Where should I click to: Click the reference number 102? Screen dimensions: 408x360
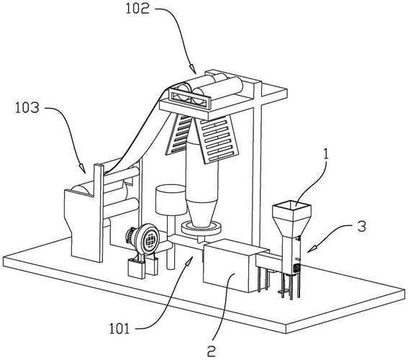(137, 9)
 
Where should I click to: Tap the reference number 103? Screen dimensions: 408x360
(27, 108)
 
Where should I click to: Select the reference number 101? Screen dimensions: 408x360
(119, 328)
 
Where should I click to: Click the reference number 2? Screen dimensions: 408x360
(212, 351)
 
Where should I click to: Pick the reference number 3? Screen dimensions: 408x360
(361, 226)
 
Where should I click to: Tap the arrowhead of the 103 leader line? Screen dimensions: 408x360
(82, 168)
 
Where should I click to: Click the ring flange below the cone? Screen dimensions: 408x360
(201, 228)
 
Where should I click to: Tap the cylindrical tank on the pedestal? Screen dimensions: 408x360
(171, 199)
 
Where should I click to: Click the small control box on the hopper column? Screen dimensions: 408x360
(296, 269)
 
